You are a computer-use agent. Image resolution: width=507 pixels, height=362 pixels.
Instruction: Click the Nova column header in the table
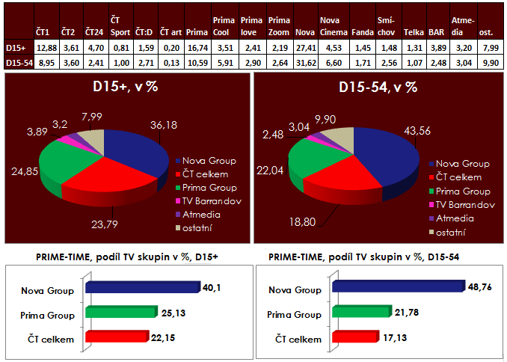click(304, 33)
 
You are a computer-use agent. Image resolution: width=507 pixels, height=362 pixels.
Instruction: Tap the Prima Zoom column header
click(278, 26)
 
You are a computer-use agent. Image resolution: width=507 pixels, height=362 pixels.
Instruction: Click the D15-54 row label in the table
click(17, 62)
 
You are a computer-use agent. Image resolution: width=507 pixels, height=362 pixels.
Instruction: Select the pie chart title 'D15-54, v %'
click(378, 88)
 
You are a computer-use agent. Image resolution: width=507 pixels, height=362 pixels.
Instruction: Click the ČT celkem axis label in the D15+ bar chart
click(57, 340)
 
